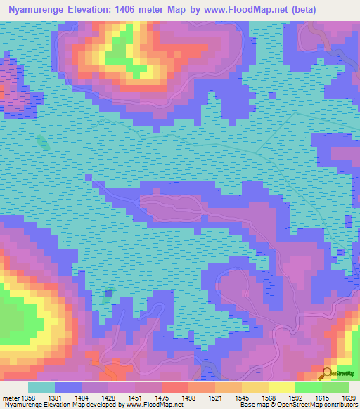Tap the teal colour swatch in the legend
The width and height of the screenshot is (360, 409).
tap(41, 387)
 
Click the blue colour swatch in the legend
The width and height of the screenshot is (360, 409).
tap(68, 387)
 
